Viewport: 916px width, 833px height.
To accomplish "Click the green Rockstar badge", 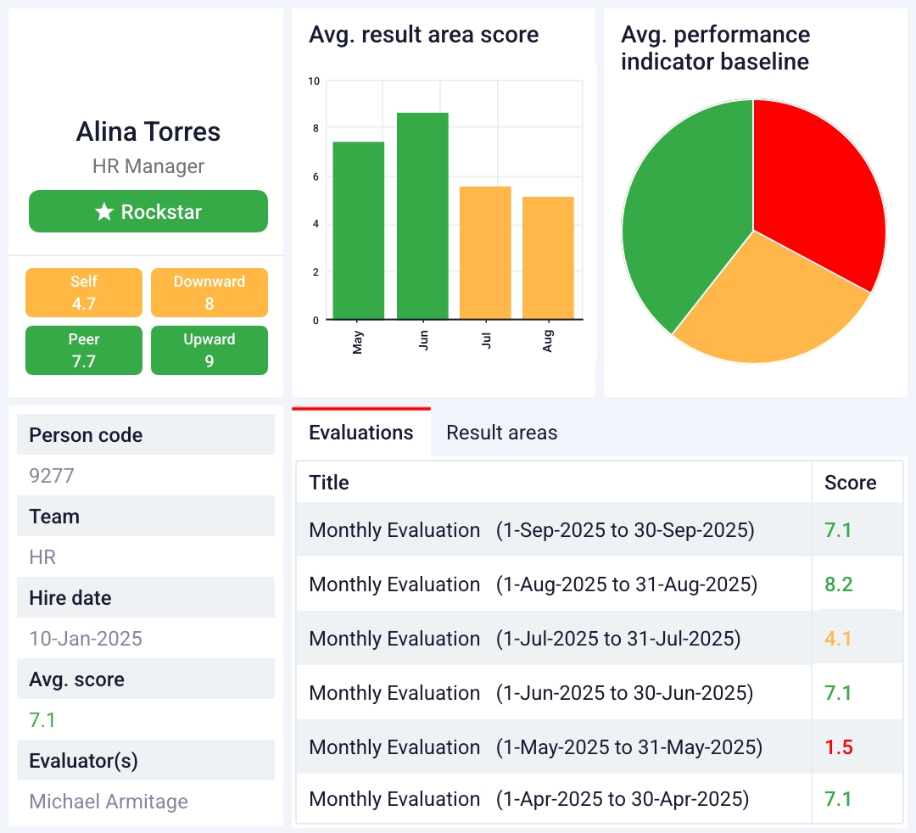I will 148,211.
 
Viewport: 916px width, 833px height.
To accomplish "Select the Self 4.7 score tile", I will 84,293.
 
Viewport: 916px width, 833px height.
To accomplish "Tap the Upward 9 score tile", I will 209,350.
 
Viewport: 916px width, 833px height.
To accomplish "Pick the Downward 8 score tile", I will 209,293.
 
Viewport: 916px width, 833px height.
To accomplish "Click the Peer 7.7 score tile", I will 84,350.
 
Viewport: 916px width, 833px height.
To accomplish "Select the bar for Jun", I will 422,216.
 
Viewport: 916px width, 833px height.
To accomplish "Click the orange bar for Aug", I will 548,258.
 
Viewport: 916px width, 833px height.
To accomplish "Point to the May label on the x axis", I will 358,343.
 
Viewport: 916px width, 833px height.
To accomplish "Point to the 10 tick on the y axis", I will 314,81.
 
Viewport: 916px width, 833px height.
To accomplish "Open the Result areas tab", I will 502,433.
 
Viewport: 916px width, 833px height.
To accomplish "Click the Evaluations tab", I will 361,433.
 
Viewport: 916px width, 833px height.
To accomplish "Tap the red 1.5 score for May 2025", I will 838,747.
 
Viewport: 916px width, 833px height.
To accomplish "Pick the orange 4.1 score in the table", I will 838,639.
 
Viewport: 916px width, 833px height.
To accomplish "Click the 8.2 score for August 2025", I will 838,584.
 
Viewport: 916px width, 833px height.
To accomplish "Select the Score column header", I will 850,483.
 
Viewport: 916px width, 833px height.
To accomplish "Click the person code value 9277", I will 52,476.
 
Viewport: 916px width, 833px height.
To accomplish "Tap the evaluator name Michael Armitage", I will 109,802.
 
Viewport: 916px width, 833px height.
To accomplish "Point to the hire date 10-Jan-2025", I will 86,639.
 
